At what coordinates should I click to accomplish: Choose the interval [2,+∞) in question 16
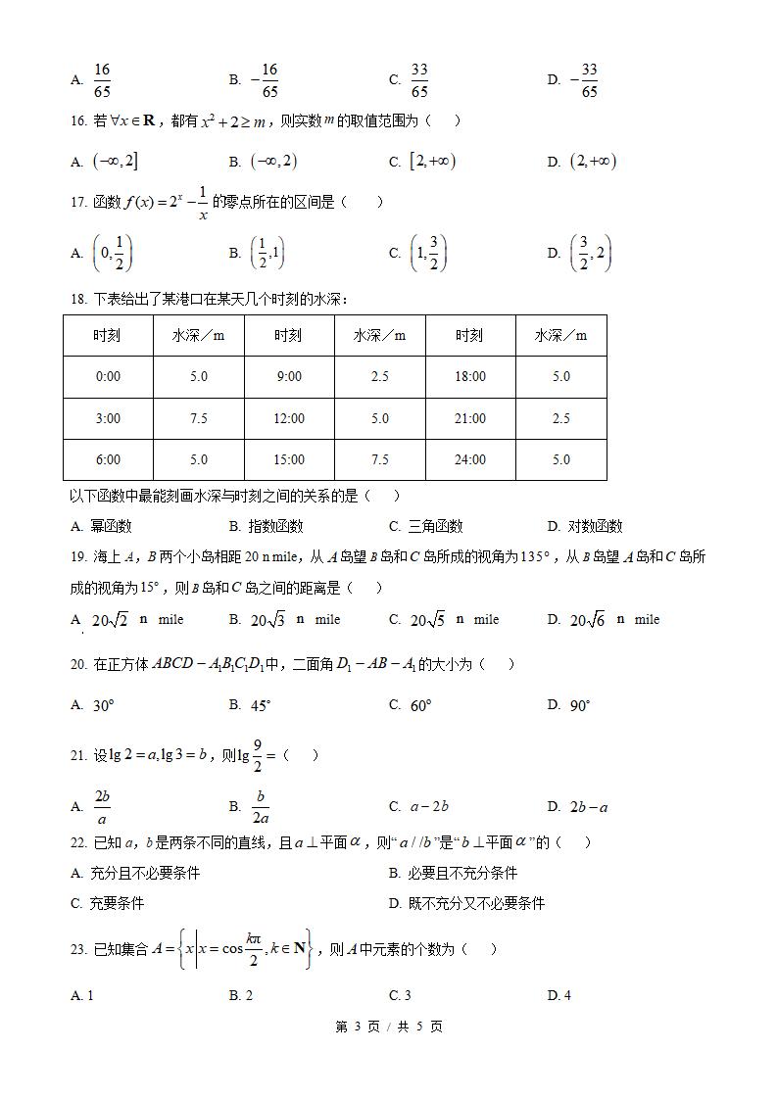pos(432,162)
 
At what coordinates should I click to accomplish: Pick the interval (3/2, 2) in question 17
pos(590,253)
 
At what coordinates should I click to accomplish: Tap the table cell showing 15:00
pos(288,459)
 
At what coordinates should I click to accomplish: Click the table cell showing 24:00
pos(470,459)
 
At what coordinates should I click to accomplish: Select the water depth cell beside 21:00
pos(560,418)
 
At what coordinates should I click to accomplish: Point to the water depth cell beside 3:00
pos(199,418)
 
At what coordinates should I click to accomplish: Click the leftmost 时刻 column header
pos(108,335)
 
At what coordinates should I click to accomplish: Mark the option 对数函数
pos(595,526)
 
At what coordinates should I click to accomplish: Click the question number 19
pos(78,557)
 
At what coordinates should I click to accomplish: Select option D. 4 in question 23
pos(559,996)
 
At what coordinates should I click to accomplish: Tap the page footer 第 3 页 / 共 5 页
pos(389,1027)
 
